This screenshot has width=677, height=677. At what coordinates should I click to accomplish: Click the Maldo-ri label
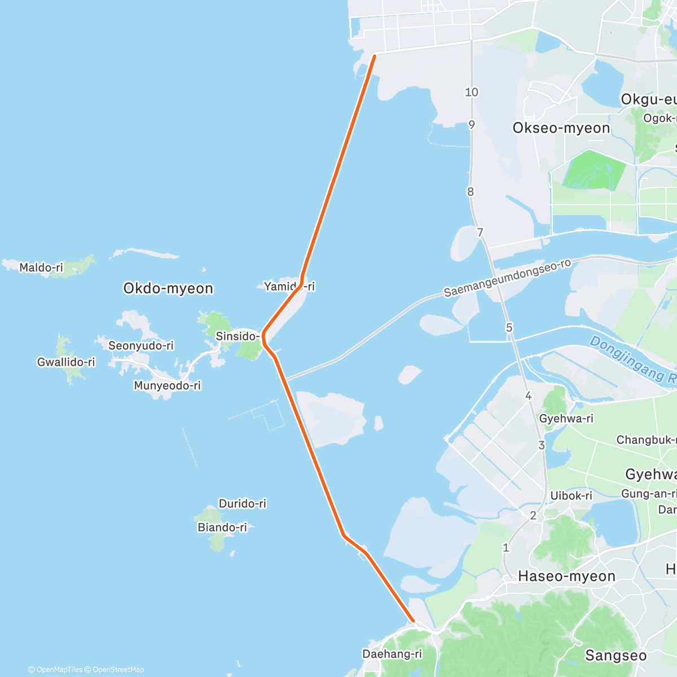click(41, 267)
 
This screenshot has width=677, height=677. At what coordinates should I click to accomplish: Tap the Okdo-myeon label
click(168, 288)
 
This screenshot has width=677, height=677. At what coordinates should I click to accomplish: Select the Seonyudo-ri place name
click(141, 345)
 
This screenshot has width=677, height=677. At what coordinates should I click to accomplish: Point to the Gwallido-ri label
click(66, 362)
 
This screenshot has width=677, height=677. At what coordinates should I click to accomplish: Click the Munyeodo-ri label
click(167, 386)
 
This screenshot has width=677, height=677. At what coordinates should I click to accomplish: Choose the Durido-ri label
click(243, 503)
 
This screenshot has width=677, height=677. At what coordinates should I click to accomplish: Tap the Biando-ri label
click(222, 527)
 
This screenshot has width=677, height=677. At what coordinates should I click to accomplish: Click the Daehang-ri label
click(392, 654)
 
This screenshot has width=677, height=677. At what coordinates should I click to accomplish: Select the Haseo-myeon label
click(566, 576)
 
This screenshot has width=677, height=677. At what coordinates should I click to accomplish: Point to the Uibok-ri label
click(571, 495)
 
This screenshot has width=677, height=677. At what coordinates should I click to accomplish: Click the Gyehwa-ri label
click(566, 419)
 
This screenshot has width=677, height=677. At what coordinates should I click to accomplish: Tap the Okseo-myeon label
click(561, 128)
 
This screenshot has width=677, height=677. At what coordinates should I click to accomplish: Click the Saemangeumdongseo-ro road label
click(507, 278)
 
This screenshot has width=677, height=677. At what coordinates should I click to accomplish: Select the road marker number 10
click(472, 92)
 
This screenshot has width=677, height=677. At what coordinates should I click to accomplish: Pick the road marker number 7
click(480, 232)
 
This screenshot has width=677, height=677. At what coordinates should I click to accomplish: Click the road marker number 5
click(509, 328)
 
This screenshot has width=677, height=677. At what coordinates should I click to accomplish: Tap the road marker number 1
click(506, 547)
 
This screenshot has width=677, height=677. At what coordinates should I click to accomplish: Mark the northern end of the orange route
click(374, 55)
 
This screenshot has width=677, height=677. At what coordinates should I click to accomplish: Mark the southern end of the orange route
click(414, 621)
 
